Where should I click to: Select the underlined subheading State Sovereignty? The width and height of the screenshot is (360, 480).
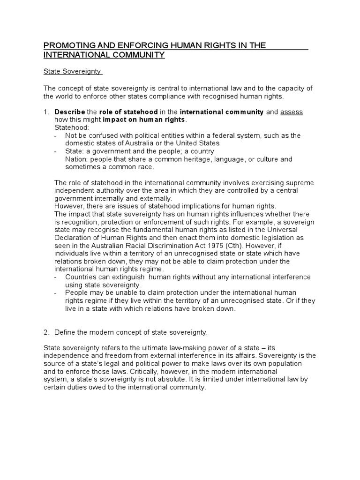pos(73,72)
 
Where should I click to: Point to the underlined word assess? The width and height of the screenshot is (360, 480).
pos(292,112)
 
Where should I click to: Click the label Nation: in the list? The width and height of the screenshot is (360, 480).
pos(76,159)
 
